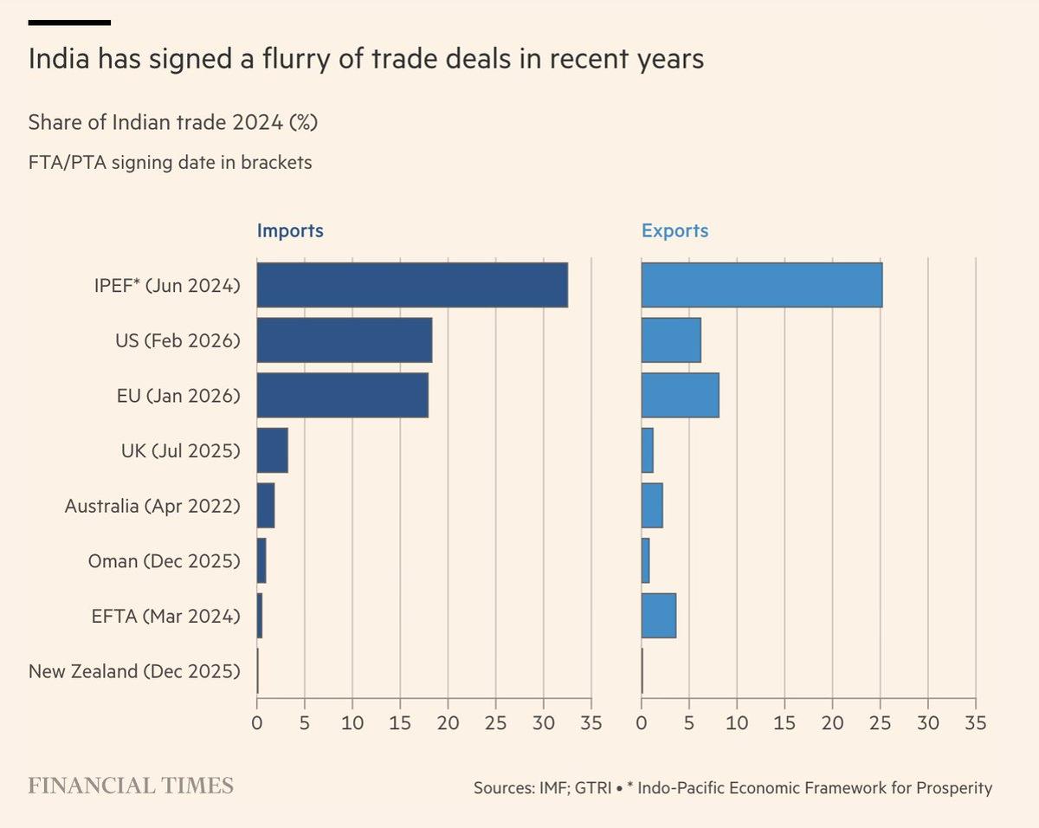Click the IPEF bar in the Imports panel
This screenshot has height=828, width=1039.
[412, 285]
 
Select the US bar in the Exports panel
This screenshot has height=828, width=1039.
[671, 340]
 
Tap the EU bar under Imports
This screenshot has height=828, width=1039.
[343, 396]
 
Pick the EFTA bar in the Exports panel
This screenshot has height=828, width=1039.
[659, 616]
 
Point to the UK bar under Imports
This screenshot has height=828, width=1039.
[272, 450]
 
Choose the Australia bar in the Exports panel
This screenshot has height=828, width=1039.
[652, 506]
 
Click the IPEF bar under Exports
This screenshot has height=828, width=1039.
[762, 285]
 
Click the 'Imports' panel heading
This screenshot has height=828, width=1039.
[290, 231]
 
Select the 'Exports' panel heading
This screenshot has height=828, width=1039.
[674, 231]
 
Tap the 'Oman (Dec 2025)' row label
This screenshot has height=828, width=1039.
[164, 561]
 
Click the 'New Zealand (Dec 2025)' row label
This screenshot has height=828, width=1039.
[134, 671]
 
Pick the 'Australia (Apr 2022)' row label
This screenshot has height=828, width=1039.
[152, 506]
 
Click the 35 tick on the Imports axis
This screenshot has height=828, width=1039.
[590, 722]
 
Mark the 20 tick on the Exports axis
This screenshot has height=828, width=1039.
[832, 722]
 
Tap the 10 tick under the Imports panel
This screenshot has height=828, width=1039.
[352, 722]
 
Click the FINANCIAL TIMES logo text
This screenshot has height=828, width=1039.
[131, 786]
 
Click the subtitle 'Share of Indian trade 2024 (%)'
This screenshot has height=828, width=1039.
[173, 123]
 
